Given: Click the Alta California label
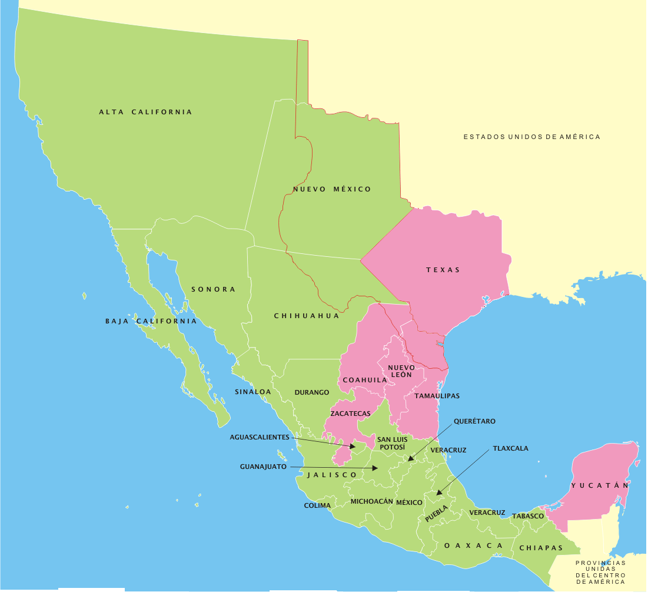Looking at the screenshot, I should tap(145, 112).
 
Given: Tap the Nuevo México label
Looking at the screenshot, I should tap(332, 189).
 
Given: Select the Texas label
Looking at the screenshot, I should tap(443, 270).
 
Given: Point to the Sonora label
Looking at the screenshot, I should tap(213, 289).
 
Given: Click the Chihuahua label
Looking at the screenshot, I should tap(307, 316).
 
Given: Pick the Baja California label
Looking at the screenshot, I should tap(151, 321).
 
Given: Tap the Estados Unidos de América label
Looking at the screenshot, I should tap(531, 137).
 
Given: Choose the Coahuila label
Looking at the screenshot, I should tap(365, 380).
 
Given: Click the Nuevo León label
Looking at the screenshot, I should tap(401, 371).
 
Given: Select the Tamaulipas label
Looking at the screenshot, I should tap(437, 396).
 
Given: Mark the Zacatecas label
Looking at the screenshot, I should tap(350, 414).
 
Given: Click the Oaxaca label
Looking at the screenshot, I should tap(474, 546).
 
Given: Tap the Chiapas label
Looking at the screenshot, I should tap(541, 548).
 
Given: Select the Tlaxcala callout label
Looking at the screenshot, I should tap(510, 448).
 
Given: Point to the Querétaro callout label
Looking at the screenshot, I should tap(474, 421).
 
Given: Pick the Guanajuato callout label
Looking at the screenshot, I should tap(263, 467).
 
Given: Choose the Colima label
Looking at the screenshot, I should tap(317, 505).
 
